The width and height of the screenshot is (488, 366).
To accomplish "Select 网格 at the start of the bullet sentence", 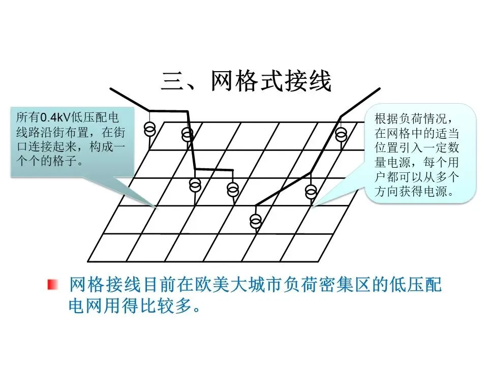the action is (x=82, y=285).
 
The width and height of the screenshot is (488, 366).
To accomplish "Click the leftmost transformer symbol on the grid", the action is (x=149, y=129).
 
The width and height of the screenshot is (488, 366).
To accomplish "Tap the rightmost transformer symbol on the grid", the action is (x=341, y=134).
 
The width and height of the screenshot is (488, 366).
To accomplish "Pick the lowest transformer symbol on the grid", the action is (x=256, y=221).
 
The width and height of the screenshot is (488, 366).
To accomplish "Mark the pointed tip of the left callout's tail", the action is (x=157, y=207).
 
